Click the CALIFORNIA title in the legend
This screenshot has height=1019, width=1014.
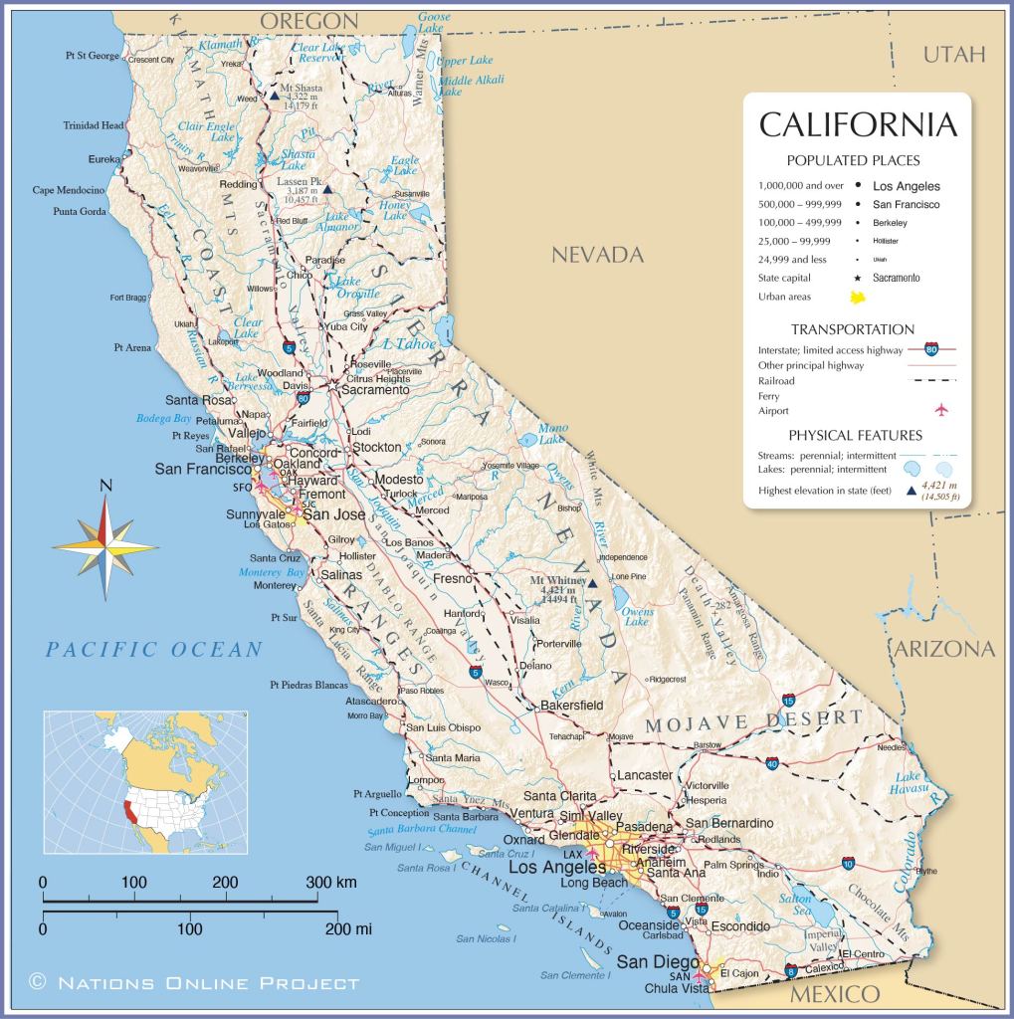(858, 125)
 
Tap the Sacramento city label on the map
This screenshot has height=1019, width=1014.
(375, 390)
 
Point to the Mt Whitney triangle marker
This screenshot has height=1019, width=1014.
(592, 584)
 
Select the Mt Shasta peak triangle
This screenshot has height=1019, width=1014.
(274, 97)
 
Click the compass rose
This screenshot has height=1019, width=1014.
(104, 546)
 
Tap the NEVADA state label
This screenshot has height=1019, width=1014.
(597, 255)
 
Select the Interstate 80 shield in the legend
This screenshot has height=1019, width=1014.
(930, 349)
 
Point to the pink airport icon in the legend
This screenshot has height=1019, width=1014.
(939, 410)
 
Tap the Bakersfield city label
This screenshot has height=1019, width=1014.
(571, 706)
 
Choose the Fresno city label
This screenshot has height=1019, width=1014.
(452, 577)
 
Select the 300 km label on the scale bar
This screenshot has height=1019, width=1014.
(331, 883)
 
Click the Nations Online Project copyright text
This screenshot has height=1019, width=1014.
(194, 983)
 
